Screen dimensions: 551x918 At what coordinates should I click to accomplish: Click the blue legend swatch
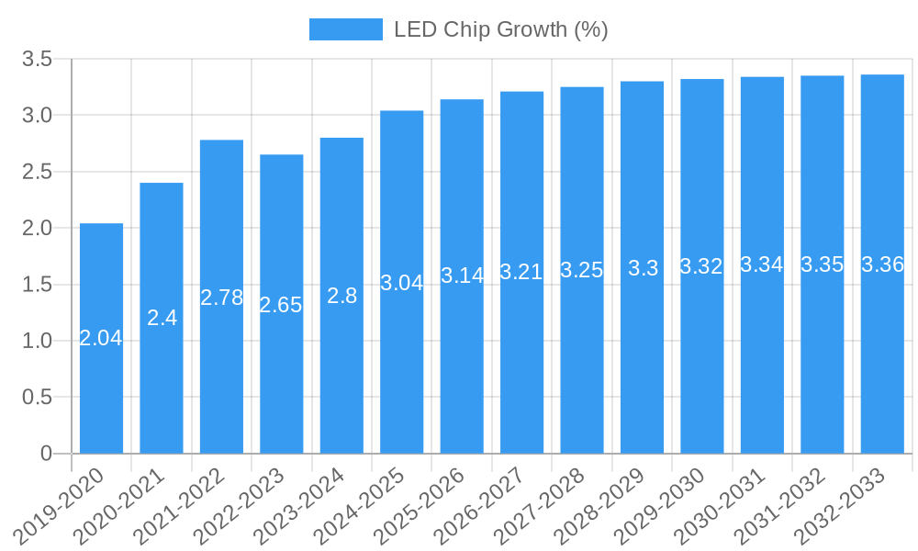345,29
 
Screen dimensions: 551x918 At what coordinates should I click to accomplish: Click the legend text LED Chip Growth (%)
500,29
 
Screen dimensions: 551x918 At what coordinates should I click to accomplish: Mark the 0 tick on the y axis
47,454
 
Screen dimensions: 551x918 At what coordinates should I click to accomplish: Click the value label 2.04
101,338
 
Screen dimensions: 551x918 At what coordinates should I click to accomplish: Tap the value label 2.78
221,298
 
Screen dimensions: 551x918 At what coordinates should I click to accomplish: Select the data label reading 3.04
401,283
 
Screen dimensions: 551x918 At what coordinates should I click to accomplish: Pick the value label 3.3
642,268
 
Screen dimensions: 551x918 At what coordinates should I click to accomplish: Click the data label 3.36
882,264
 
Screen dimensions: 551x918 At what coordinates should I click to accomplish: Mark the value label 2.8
341,296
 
